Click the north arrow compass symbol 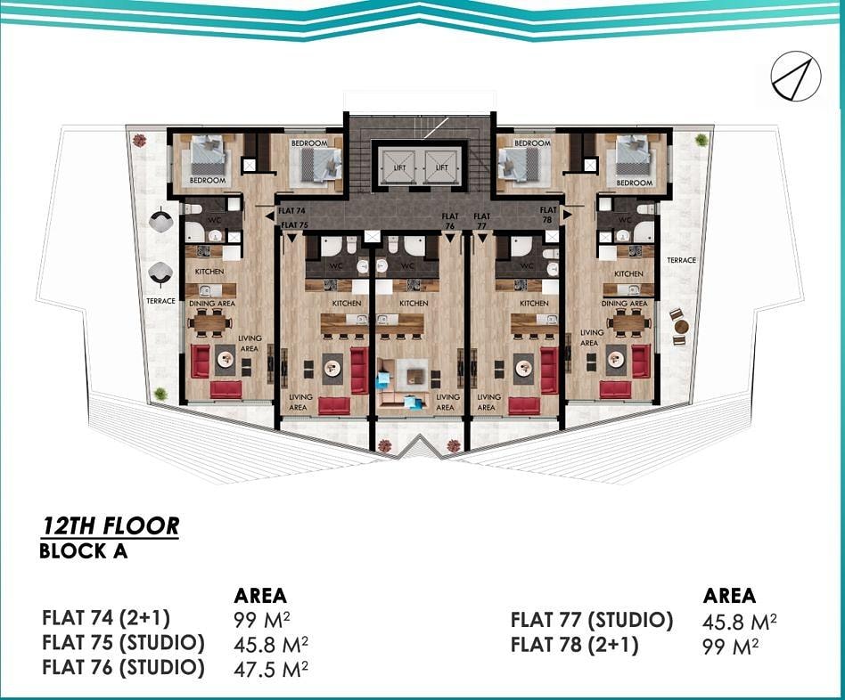pos(795,77)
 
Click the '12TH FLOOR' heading pos(111,526)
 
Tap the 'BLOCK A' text pos(84,552)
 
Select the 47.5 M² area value pos(271,669)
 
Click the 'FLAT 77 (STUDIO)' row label pos(592,621)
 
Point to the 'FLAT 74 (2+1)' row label pos(106,617)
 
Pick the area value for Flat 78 pos(731,647)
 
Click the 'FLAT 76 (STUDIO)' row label pos(123,668)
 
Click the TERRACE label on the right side pos(681,260)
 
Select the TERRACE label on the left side pos(160,301)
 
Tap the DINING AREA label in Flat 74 pos(212,304)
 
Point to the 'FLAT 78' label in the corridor pos(548,215)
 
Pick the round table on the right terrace pos(681,326)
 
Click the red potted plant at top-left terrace pos(140,141)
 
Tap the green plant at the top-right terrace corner pos(701,140)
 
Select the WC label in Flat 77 pos(527,265)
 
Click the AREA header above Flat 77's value pos(729,596)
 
